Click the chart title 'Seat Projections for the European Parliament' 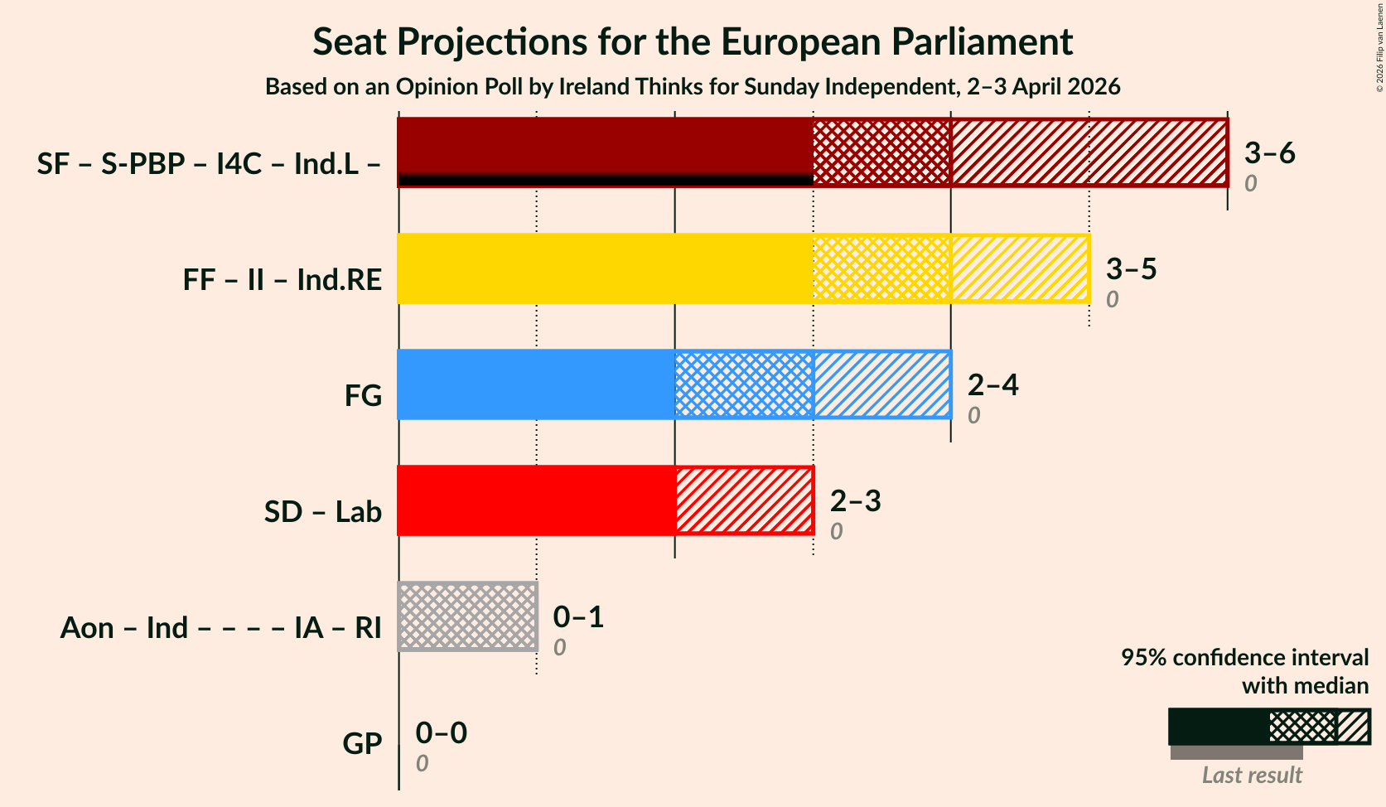693,42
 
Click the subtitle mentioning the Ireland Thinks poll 693,87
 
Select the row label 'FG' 363,396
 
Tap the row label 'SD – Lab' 323,512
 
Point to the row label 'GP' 362,744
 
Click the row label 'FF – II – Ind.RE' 283,280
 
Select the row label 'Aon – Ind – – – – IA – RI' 220,628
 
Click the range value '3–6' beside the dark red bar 1269,153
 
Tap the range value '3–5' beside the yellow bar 1131,269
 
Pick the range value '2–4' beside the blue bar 992,385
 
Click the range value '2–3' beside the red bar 855,501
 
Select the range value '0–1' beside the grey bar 578,617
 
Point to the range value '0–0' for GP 441,733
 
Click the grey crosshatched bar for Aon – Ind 468,616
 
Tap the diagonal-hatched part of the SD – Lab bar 744,500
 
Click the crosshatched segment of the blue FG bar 744,384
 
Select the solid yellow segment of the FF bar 605,268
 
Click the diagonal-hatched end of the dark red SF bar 1089,152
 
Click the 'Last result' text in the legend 1252,776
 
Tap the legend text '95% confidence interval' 1244,658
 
